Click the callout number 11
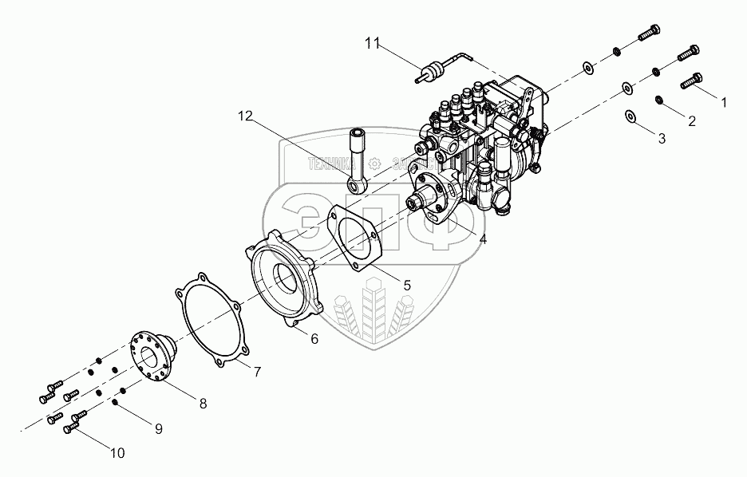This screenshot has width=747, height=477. point(373,44)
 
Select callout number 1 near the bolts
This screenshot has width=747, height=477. point(723,103)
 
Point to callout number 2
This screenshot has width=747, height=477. point(691,121)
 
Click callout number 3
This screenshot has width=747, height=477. point(661,139)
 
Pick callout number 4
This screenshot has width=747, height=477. point(481,238)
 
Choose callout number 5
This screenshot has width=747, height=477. point(406,284)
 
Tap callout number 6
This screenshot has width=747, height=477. point(314,339)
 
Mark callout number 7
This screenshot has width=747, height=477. point(256,372)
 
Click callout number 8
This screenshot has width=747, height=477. point(203,404)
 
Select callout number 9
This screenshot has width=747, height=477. point(158,429)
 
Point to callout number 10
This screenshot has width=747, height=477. point(117,454)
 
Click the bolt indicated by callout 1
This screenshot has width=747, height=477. point(692,80)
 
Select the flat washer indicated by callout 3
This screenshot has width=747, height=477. point(630,116)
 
